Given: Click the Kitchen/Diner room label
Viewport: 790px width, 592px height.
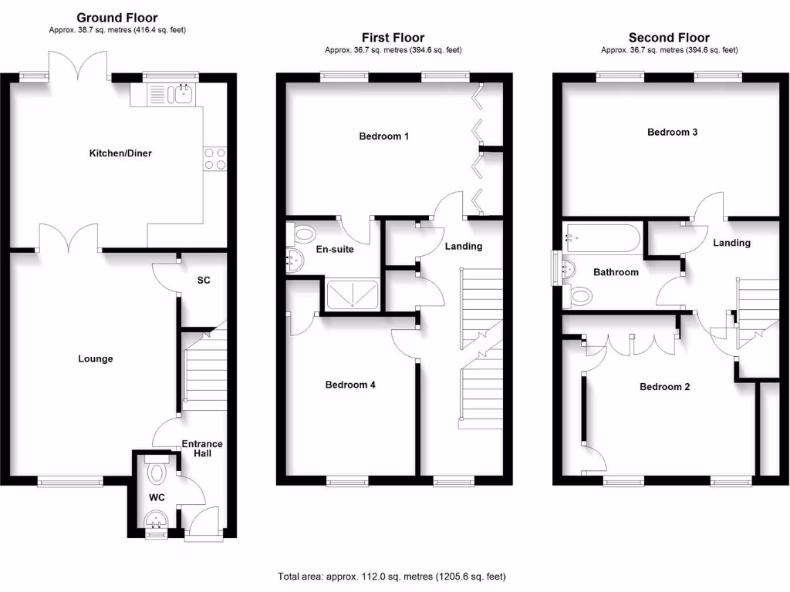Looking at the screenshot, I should (x=120, y=153).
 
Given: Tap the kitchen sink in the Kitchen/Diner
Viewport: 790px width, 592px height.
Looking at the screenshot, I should (x=184, y=94).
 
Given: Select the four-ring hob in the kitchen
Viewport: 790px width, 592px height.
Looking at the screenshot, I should (x=215, y=158).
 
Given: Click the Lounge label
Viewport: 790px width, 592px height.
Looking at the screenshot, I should (x=96, y=359).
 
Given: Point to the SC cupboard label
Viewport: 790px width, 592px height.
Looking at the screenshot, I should (x=203, y=281).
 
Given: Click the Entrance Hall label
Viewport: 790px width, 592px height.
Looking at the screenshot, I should (x=202, y=449).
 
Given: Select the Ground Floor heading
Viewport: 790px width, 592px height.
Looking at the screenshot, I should (x=117, y=18).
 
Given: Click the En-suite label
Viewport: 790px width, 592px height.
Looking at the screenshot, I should (x=335, y=250).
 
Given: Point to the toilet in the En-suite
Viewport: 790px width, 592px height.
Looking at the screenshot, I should (x=302, y=233).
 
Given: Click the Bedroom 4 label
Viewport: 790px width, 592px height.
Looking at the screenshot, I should (x=350, y=385).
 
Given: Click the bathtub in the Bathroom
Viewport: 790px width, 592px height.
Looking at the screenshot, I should (x=602, y=237).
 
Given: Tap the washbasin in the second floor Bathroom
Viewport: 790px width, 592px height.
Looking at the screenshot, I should (x=569, y=269).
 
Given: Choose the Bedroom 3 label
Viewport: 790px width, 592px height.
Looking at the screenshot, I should (x=673, y=132).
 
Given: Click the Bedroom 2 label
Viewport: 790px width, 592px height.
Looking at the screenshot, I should (x=665, y=387).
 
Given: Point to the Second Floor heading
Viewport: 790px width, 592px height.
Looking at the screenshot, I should (x=669, y=37).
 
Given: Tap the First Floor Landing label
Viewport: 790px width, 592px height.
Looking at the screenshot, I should (x=463, y=247).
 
